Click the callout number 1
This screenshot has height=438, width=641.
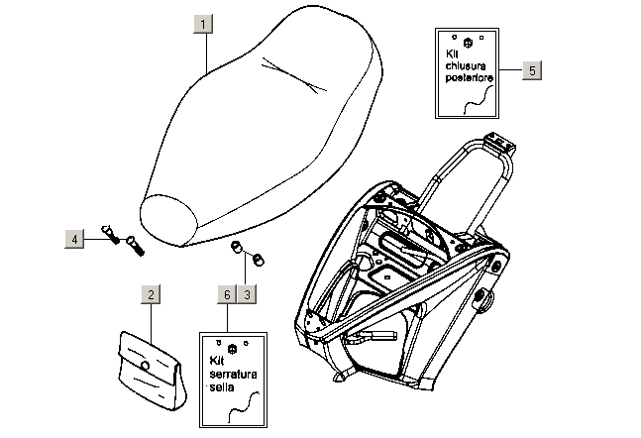click(x=203, y=24)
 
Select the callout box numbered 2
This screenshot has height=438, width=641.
click(x=150, y=294)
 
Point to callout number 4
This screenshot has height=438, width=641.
click(x=75, y=238)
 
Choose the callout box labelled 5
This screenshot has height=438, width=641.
click(x=532, y=70)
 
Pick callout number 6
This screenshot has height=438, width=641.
click(x=227, y=294)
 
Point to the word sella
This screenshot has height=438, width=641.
click(x=220, y=387)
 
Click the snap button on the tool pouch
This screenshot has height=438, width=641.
click(x=145, y=367)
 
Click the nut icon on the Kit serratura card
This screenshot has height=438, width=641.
click(x=233, y=348)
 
